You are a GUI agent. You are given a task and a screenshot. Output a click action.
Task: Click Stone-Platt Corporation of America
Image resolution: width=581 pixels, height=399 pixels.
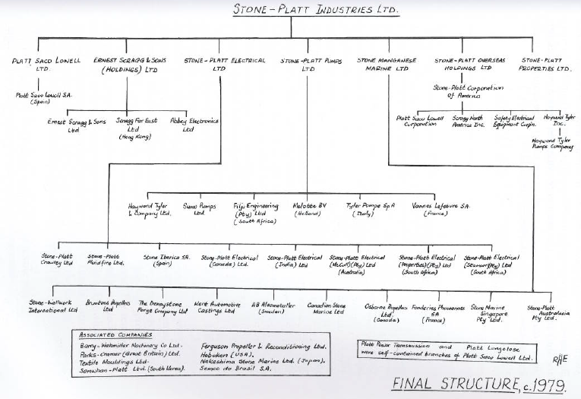(469, 92)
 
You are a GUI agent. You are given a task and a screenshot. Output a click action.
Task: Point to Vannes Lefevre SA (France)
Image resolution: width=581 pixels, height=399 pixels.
(446, 210)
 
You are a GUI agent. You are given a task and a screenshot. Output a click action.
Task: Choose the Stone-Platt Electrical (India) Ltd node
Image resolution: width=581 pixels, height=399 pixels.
(299, 261)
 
